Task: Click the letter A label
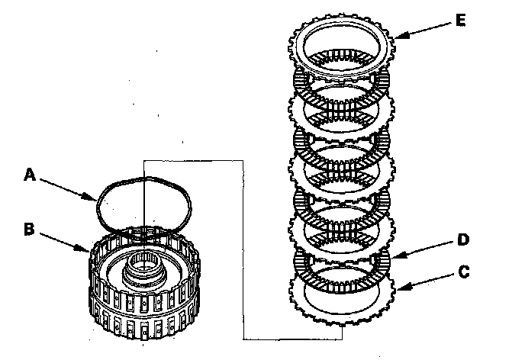[30, 175]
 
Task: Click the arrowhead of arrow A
[94, 200]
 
